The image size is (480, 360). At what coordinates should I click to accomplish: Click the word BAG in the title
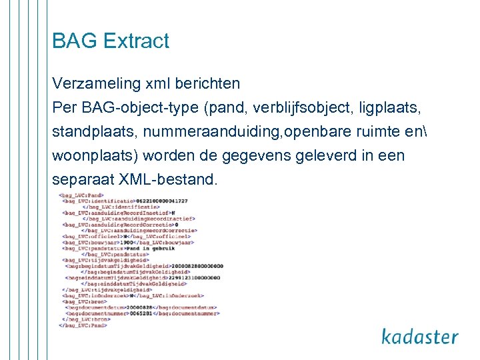75,41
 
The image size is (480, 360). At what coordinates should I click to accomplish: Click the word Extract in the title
137,41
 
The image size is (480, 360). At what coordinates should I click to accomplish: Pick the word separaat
83,180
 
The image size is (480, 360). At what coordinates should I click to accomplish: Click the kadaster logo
420,337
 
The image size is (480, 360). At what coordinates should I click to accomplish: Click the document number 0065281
141,313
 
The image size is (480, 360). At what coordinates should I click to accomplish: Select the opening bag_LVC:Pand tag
77,194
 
